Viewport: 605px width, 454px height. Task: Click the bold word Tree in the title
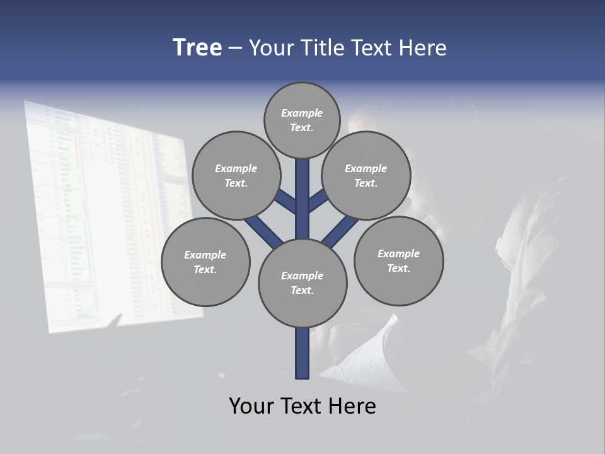pyautogui.click(x=197, y=47)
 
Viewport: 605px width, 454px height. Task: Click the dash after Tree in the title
pyautogui.click(x=235, y=49)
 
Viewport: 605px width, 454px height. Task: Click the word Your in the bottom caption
pyautogui.click(x=251, y=405)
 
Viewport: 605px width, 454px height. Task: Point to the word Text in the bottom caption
pyautogui.click(x=301, y=405)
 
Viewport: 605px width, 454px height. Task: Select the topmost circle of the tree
pyautogui.click(x=302, y=120)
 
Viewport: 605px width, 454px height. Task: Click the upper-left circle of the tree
pyautogui.click(x=236, y=175)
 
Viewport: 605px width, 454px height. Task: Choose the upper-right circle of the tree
pyautogui.click(x=366, y=175)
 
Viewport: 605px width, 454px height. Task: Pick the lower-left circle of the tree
pyautogui.click(x=205, y=262)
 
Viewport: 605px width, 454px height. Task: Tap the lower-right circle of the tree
pyautogui.click(x=398, y=260)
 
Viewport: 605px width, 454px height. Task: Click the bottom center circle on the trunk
pyautogui.click(x=302, y=282)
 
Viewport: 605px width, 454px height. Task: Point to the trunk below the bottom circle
pyautogui.click(x=302, y=353)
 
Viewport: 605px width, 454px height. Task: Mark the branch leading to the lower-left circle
pyautogui.click(x=263, y=231)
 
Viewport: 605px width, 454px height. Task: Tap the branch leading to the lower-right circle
pyautogui.click(x=340, y=232)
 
